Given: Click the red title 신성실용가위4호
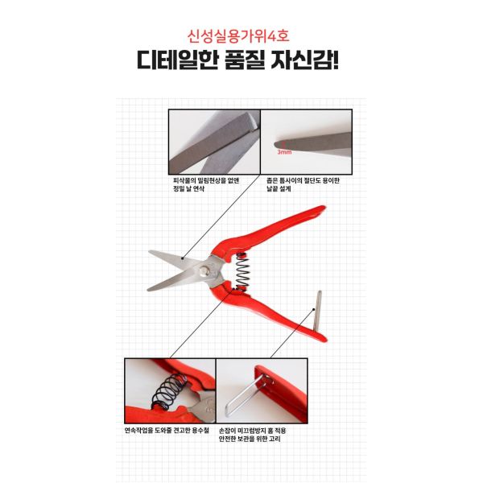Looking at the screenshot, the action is click(x=238, y=36).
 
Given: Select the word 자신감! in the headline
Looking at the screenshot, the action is click(x=304, y=60).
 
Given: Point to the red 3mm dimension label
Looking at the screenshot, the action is click(x=284, y=152).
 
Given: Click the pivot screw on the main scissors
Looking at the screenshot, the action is click(x=204, y=271).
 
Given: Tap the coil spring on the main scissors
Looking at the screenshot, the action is click(x=242, y=271).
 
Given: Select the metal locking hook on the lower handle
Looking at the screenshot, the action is click(x=316, y=311).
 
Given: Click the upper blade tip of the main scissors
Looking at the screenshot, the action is click(x=150, y=252).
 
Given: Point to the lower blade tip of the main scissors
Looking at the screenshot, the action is click(x=148, y=290).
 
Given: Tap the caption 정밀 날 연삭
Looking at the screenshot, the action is click(x=189, y=189).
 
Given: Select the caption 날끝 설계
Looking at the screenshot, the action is click(x=279, y=189).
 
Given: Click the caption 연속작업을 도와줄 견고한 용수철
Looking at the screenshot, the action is click(x=167, y=431).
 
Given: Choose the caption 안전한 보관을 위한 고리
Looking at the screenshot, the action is click(x=250, y=439).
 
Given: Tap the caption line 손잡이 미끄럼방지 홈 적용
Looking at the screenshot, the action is click(x=253, y=431).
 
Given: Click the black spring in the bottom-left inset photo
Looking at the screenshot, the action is click(x=169, y=392).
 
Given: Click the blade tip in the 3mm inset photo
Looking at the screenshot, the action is click(x=276, y=144).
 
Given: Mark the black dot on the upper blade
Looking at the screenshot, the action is click(x=183, y=258).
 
